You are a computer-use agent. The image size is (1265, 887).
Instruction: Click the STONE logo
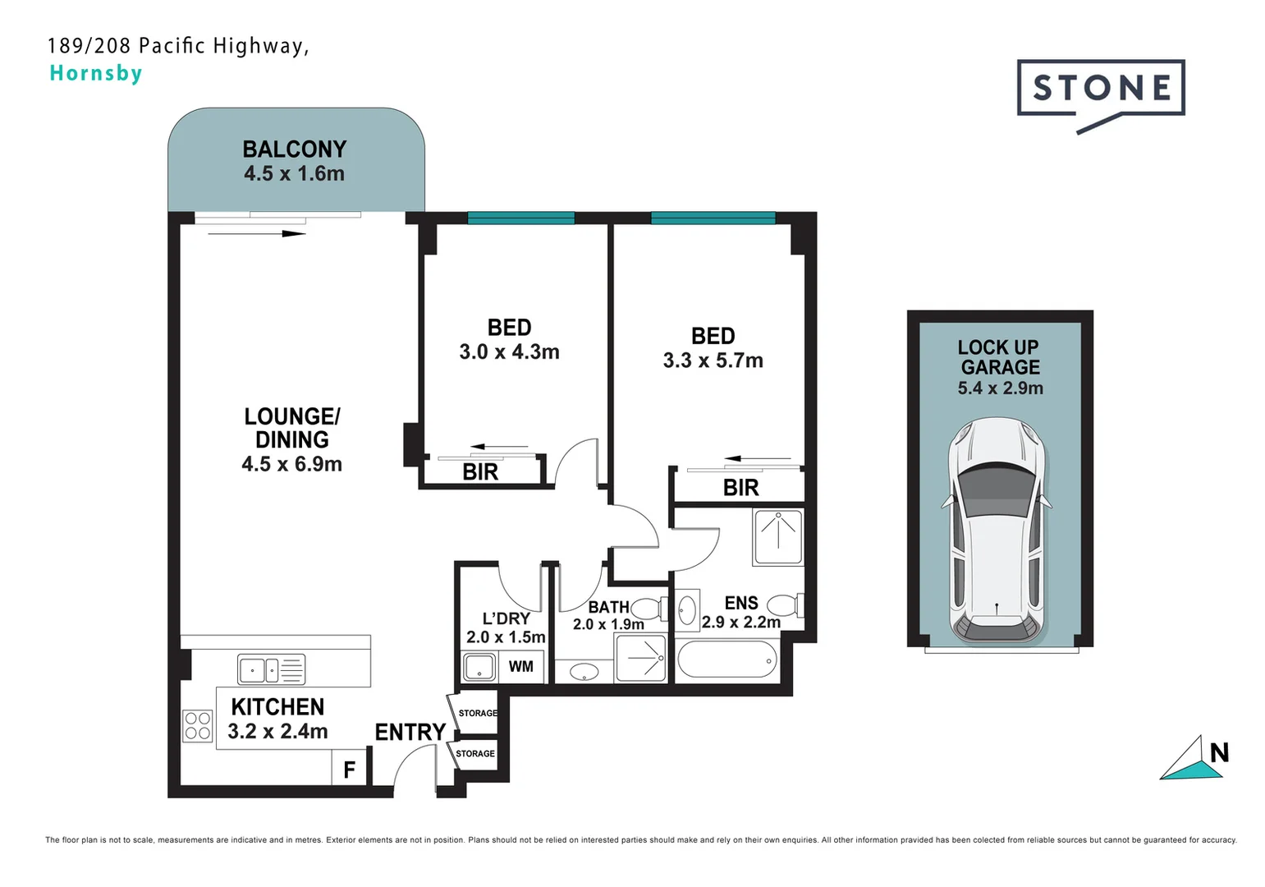coord(1100,89)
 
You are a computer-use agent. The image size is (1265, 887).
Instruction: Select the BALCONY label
coord(294,149)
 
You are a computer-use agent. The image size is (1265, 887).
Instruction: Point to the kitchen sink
coord(271,669)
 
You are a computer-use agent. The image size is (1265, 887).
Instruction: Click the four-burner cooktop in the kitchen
coord(198,726)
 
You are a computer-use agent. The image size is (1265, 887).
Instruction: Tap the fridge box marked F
coord(349,770)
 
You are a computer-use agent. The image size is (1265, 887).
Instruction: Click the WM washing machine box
coord(520,666)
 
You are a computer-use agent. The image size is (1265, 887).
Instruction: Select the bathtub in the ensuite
coord(727,660)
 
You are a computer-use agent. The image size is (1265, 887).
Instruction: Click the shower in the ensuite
coord(778,536)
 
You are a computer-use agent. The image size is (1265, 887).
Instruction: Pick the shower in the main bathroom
coord(641,659)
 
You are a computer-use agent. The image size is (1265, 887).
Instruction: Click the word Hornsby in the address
coord(96,73)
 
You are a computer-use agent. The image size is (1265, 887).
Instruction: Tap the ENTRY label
coord(410,732)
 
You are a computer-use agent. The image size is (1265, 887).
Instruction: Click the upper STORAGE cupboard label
coord(478,713)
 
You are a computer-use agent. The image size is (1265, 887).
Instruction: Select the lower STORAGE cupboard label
coord(475,753)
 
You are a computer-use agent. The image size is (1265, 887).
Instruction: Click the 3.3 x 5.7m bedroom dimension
coord(713,361)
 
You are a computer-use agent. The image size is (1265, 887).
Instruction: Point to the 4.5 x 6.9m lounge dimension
coord(291,464)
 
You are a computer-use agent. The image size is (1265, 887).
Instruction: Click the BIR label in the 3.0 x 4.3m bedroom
coord(480,472)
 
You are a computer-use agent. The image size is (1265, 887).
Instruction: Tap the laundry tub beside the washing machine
coord(479,666)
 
